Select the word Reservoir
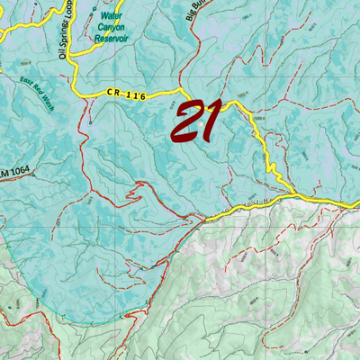click(x=112, y=40)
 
